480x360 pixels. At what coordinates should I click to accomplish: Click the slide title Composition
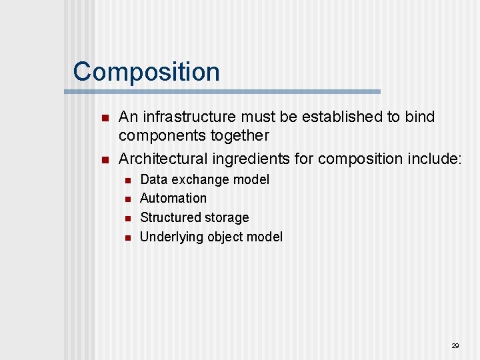coord(146,71)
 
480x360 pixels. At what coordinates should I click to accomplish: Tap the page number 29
coord(455,345)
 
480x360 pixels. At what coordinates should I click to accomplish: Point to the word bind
coord(419,117)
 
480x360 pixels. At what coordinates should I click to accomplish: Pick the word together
coord(238,135)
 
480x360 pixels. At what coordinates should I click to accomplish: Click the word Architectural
coord(163,159)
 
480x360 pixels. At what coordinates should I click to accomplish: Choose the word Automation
coord(173,198)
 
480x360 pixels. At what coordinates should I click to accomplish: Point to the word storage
coord(227,217)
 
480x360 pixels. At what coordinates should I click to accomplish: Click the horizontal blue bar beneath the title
coord(227,91)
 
